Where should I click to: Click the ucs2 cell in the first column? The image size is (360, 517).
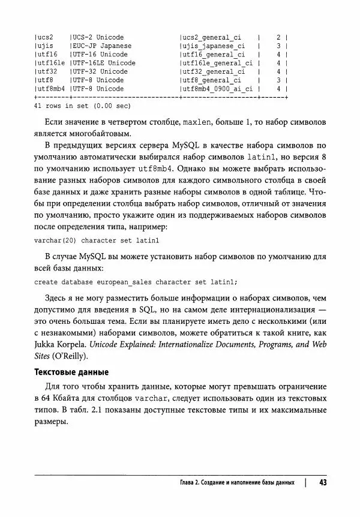tap(45, 37)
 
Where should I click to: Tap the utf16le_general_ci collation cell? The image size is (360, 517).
tap(217, 62)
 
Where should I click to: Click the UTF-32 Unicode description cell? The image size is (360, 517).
tap(98, 71)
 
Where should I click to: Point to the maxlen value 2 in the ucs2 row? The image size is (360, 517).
tap(278, 37)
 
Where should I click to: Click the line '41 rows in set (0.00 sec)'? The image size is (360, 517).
tap(82, 106)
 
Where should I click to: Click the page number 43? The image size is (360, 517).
tap(322, 483)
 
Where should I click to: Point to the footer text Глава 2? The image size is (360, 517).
tap(193, 483)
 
